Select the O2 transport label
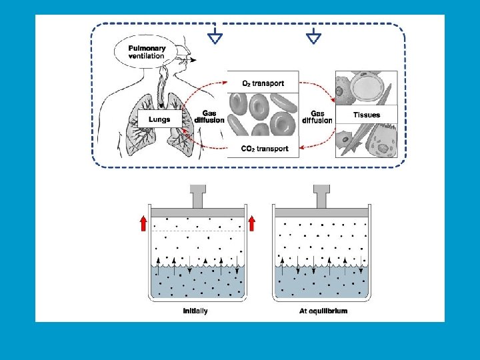(x=263, y=83)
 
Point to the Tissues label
(x=367, y=115)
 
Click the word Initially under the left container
(x=195, y=311)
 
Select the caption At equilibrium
(x=323, y=311)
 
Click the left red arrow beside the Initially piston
(x=143, y=223)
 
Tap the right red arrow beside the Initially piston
(x=251, y=223)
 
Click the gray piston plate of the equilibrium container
(x=323, y=212)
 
